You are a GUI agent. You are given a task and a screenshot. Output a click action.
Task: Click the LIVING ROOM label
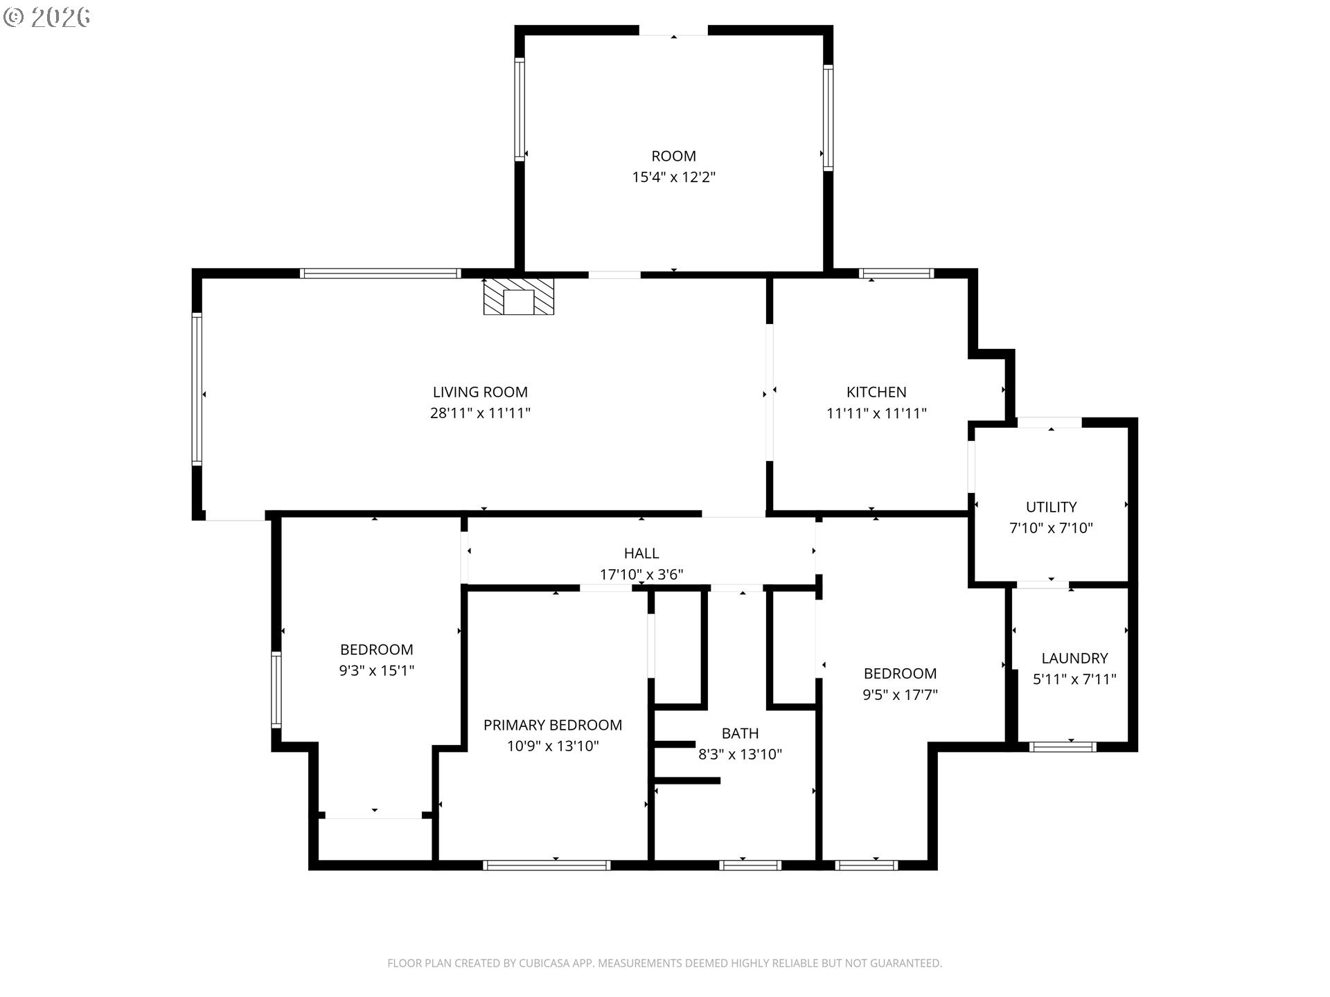pyautogui.click(x=480, y=392)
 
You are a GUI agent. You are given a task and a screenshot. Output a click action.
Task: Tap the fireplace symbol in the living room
pyautogui.click(x=519, y=297)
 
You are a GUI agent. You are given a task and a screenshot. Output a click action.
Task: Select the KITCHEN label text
pyautogui.click(x=876, y=392)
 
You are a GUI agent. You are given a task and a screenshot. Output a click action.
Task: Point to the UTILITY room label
pyautogui.click(x=1051, y=507)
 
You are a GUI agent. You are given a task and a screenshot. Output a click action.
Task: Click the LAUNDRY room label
pyautogui.click(x=1074, y=658)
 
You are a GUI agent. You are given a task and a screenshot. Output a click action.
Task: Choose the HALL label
pyautogui.click(x=641, y=553)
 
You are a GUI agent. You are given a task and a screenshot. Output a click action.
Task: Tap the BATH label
pyautogui.click(x=740, y=733)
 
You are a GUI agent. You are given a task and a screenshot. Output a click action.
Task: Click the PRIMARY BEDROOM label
pyautogui.click(x=553, y=725)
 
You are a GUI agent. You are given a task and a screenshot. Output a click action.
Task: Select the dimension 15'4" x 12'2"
pyautogui.click(x=673, y=177)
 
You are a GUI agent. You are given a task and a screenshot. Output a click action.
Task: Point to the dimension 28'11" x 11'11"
pyautogui.click(x=480, y=413)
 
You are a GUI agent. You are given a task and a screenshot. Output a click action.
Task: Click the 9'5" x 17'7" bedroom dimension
pyautogui.click(x=900, y=694)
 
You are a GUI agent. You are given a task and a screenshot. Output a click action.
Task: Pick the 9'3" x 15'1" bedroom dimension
pyautogui.click(x=377, y=670)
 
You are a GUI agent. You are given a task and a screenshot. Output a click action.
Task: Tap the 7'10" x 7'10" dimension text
pyautogui.click(x=1051, y=528)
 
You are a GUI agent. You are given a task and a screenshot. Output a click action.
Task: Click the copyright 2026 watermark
pyautogui.click(x=47, y=17)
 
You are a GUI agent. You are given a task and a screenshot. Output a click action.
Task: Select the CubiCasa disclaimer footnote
pyautogui.click(x=664, y=963)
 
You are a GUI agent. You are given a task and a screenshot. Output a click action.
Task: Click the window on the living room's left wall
pyautogui.click(x=197, y=389)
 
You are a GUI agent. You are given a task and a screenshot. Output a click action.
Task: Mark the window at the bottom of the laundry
pyautogui.click(x=1063, y=746)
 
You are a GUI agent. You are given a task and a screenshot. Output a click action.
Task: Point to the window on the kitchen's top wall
pyautogui.click(x=896, y=273)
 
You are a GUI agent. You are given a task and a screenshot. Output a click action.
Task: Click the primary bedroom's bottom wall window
pyautogui.click(x=547, y=865)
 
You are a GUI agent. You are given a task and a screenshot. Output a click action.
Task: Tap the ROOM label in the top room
pyautogui.click(x=673, y=156)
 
